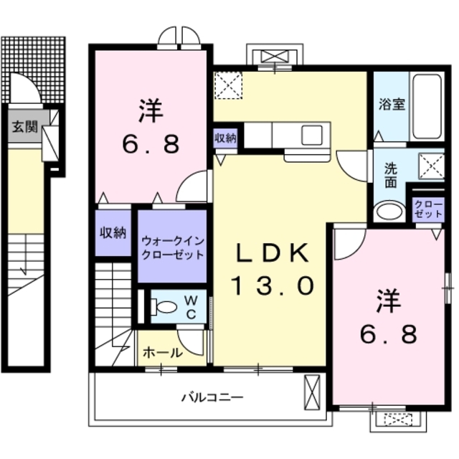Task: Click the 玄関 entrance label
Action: tap(24, 128)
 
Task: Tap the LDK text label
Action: tap(274, 253)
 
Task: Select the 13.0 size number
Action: tap(273, 287)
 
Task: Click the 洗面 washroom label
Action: tap(390, 176)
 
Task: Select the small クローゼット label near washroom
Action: tap(428, 209)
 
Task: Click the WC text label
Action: tap(191, 306)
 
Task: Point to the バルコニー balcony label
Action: tap(212, 397)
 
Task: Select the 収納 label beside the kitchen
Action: tap(225, 139)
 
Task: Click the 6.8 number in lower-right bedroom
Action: tap(388, 334)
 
